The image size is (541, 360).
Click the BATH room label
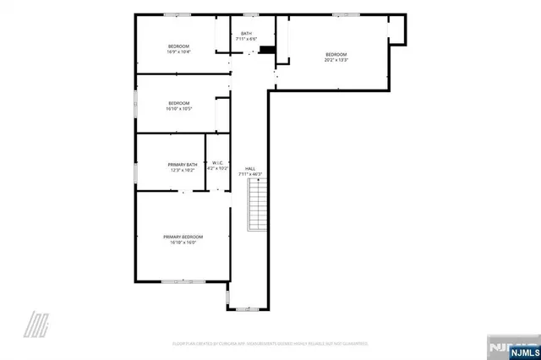[246, 34]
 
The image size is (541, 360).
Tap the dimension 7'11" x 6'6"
[246, 40]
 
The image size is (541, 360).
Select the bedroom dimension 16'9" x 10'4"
[178, 52]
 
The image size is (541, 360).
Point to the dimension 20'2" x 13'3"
[336, 60]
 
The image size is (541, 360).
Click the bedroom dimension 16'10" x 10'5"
[178, 108]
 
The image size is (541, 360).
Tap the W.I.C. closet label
[217, 163]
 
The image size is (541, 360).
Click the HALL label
[250, 168]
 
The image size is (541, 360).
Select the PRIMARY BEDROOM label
[183, 237]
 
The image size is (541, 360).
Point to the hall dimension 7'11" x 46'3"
[250, 174]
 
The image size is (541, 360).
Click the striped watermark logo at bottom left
[36, 324]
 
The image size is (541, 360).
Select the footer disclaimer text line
[270, 344]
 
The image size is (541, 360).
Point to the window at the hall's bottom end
[249, 308]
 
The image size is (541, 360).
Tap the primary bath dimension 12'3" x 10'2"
[183, 170]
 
